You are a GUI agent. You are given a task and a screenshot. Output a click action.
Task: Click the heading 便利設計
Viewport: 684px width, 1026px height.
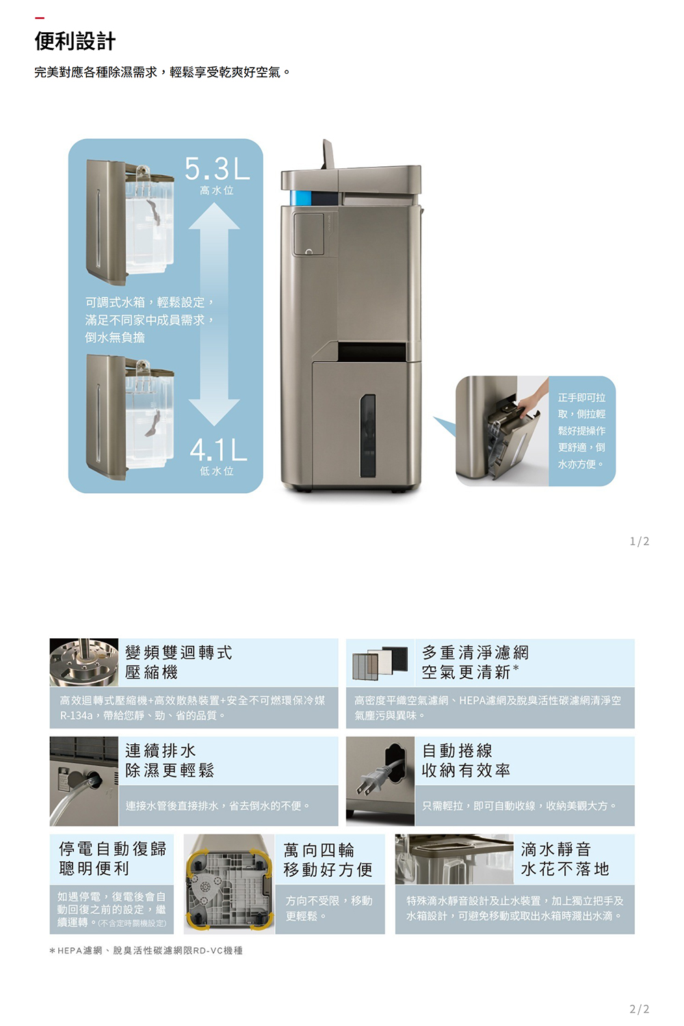pos(75,41)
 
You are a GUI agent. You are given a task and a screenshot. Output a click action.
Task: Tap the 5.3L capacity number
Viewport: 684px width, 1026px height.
pos(217,168)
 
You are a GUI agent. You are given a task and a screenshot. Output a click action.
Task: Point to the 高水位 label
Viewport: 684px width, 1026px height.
pos(217,191)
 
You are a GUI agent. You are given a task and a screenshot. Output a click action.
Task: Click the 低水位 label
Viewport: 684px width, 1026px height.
pos(217,471)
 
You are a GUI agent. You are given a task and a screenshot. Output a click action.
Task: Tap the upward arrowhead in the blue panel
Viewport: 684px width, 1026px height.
pos(214,215)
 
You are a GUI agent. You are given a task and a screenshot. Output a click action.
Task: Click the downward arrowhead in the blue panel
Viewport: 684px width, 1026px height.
pos(214,412)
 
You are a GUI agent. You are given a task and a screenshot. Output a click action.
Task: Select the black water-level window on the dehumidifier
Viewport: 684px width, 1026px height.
pos(367,436)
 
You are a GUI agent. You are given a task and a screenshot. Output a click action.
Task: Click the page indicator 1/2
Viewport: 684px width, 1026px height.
pos(639,542)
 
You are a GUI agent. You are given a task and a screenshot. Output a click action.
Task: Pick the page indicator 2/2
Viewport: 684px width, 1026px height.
pos(639,1009)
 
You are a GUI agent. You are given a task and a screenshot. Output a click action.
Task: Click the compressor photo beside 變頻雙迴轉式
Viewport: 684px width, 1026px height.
pos(84,662)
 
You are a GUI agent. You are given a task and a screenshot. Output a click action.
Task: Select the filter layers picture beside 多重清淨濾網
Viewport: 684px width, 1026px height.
pos(380,663)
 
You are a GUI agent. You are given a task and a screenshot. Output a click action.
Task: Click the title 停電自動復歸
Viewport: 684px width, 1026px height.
pos(112,849)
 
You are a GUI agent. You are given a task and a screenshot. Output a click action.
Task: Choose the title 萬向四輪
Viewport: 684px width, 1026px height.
pos(319,850)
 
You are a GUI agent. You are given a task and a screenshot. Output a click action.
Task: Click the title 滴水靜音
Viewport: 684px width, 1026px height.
pos(555,850)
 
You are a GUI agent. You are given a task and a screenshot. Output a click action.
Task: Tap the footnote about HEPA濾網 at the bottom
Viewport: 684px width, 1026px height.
pos(146,951)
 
